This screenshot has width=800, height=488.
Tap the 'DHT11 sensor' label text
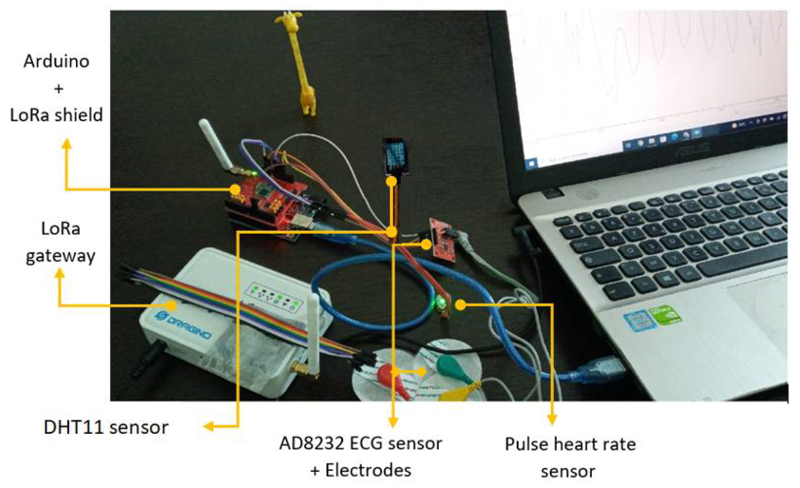tap(106, 427)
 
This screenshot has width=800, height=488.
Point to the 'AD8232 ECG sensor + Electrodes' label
tap(360, 457)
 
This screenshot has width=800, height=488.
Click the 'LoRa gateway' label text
tap(60, 242)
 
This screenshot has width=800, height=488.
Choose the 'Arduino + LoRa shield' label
tap(56, 88)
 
